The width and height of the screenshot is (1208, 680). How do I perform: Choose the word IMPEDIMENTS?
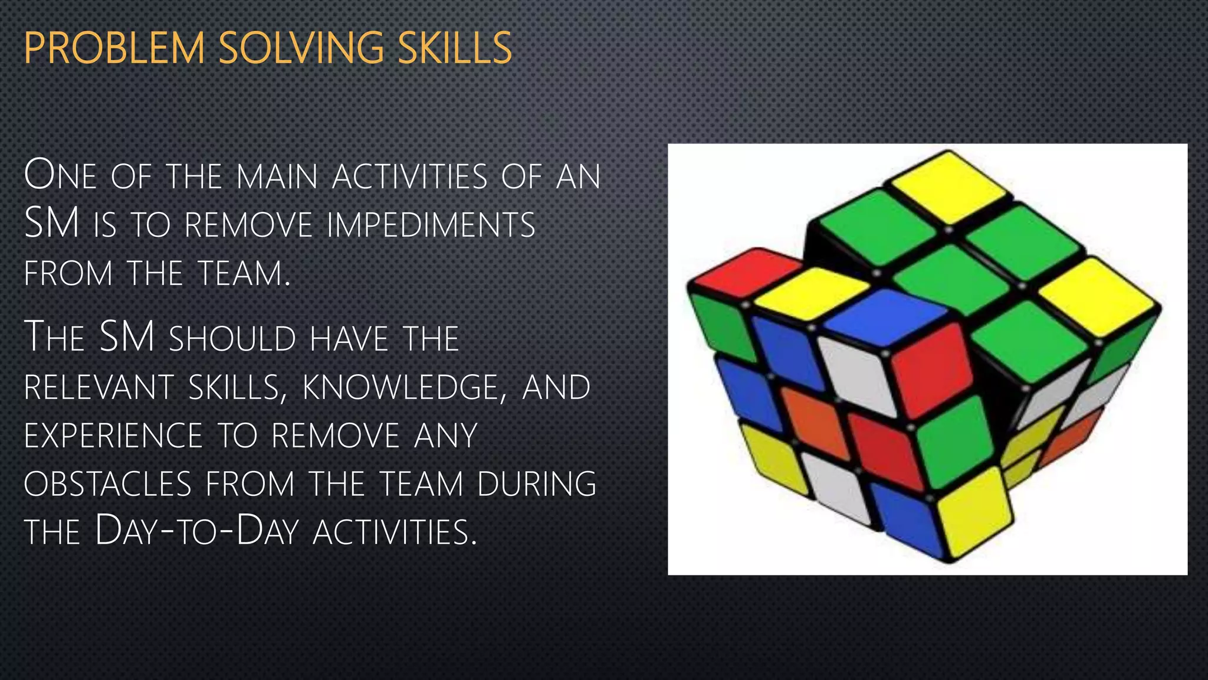coord(431,225)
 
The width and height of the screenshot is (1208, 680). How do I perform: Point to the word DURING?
coord(537,484)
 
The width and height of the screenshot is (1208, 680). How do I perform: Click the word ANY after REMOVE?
coord(445,436)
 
